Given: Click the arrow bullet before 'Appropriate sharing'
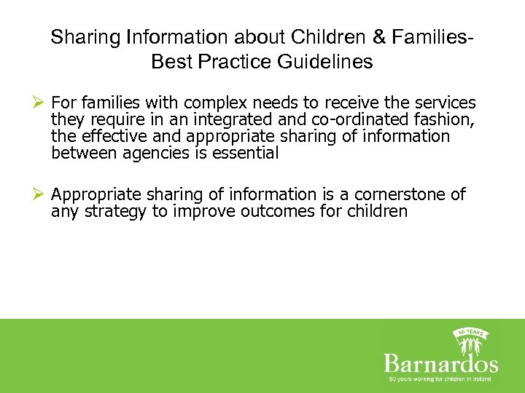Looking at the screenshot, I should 40,195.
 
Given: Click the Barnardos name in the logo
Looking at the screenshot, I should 440,364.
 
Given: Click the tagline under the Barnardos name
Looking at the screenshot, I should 440,380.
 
